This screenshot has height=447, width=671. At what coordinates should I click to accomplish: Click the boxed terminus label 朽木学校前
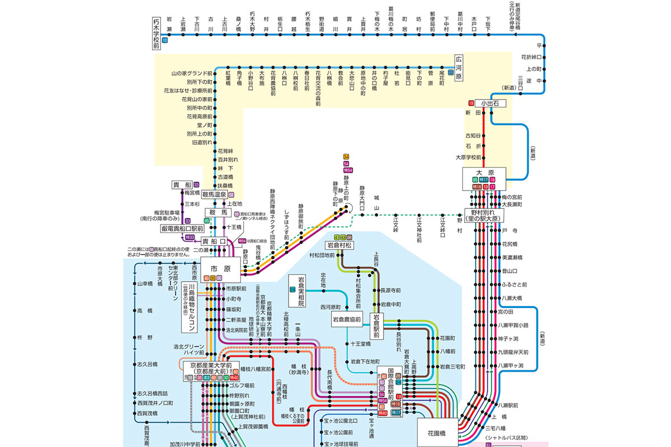pos(157,32)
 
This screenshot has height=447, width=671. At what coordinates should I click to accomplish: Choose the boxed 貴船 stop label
pos(182,185)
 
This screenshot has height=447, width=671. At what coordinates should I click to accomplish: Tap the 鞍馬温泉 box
pos(214,195)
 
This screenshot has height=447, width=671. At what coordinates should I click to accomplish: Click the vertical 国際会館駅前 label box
pos(384,386)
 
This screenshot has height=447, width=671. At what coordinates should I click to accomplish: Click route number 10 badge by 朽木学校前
pos(164,41)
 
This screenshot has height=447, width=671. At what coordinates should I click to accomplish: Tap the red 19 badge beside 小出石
pos(471,103)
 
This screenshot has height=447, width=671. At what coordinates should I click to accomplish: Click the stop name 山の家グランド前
pos(192,73)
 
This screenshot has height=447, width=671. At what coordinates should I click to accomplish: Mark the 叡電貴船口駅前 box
pos(182,229)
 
